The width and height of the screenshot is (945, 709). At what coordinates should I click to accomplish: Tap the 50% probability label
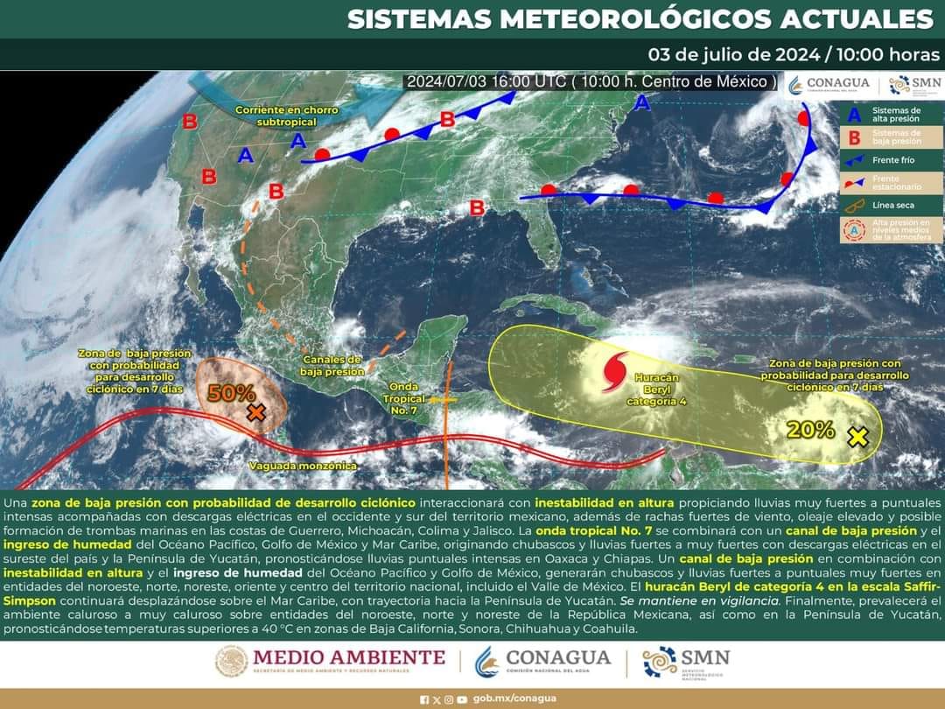pyautogui.click(x=231, y=393)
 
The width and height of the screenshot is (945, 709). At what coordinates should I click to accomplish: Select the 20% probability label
pyautogui.click(x=809, y=429)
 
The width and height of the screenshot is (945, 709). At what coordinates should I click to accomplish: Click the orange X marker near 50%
pyautogui.click(x=255, y=412)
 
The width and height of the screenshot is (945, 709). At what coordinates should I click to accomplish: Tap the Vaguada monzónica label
pyautogui.click(x=302, y=466)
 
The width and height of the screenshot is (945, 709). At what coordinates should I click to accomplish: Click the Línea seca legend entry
pyautogui.click(x=893, y=206)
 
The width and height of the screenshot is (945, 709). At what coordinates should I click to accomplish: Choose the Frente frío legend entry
pyautogui.click(x=893, y=161)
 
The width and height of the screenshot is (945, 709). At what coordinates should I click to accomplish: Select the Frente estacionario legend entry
pyautogui.click(x=893, y=183)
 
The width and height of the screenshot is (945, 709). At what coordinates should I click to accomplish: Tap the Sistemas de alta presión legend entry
pyautogui.click(x=893, y=115)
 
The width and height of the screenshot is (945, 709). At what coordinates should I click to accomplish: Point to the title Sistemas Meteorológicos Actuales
pyautogui.click(x=640, y=19)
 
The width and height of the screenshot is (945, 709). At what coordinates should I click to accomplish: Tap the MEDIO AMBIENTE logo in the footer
pyautogui.click(x=331, y=661)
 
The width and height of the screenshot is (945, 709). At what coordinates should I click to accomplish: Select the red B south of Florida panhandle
pyautogui.click(x=477, y=208)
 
